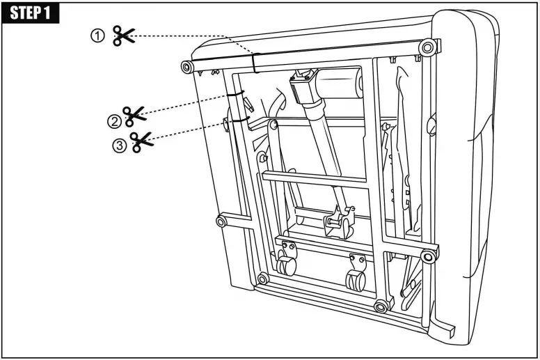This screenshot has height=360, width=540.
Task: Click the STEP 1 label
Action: [x=31, y=13]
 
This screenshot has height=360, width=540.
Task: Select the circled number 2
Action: [x=113, y=121]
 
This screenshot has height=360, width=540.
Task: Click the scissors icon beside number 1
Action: [x=125, y=36]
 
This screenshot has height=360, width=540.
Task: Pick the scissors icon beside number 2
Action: [x=135, y=116]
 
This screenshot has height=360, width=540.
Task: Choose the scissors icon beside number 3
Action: [x=143, y=142]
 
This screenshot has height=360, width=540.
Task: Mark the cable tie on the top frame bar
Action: [x=256, y=63]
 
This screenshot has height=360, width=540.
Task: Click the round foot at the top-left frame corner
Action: [x=186, y=67]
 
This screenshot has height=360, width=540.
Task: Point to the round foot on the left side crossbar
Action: [x=221, y=221]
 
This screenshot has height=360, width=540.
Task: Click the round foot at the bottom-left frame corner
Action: [x=262, y=279]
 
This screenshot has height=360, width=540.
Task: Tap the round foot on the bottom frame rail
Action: [x=380, y=307]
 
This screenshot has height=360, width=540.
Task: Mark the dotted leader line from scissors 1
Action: [x=195, y=40]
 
